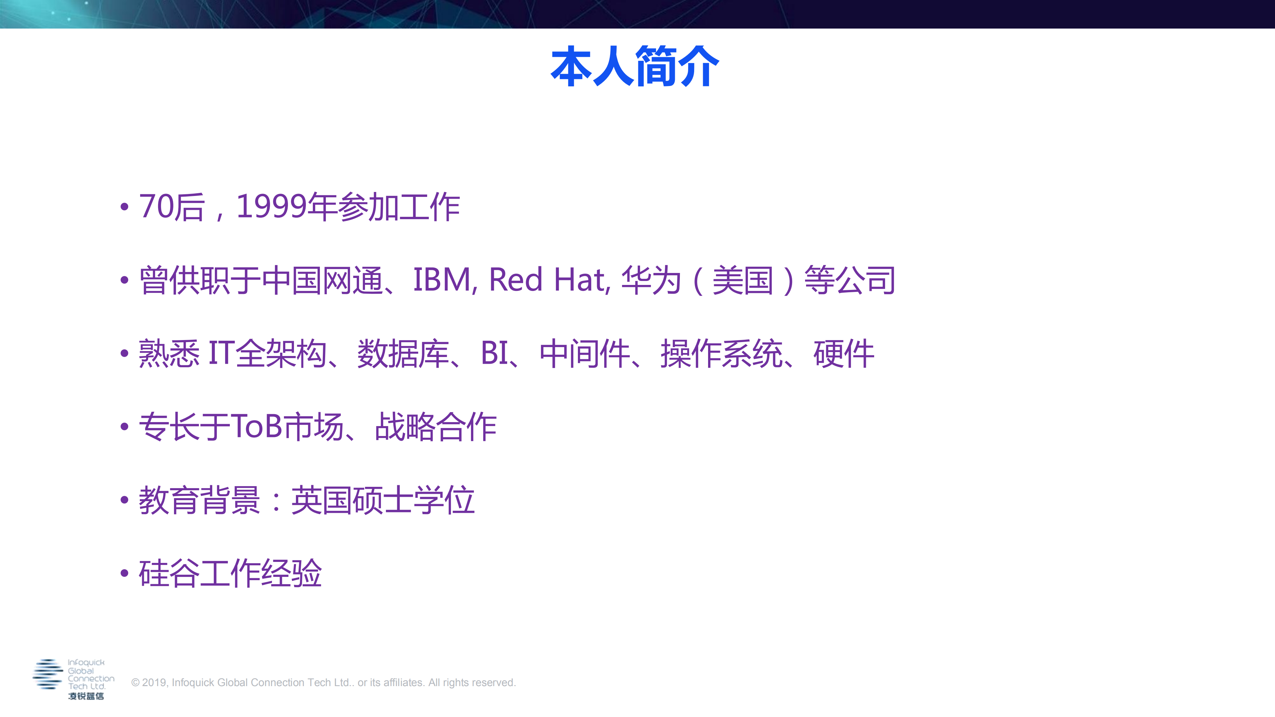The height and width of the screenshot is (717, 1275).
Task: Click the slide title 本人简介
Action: click(x=635, y=66)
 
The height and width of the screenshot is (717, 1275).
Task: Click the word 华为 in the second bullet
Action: click(x=651, y=280)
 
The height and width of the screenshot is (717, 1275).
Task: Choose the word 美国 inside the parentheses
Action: click(x=742, y=280)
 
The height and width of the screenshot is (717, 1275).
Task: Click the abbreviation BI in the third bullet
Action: click(x=495, y=353)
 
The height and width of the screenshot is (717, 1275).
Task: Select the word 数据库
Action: click(x=403, y=353)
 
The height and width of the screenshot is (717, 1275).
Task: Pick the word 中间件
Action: click(x=585, y=353)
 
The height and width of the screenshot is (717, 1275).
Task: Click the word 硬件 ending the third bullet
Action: click(x=843, y=353)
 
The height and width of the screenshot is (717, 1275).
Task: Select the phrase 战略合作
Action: click(x=435, y=426)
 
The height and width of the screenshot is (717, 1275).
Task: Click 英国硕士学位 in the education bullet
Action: click(x=383, y=500)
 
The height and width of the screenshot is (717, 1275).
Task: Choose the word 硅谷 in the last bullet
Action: click(x=169, y=573)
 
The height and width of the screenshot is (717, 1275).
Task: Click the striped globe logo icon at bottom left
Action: click(x=47, y=674)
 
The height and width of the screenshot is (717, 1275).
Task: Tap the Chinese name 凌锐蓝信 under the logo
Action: click(x=86, y=696)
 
